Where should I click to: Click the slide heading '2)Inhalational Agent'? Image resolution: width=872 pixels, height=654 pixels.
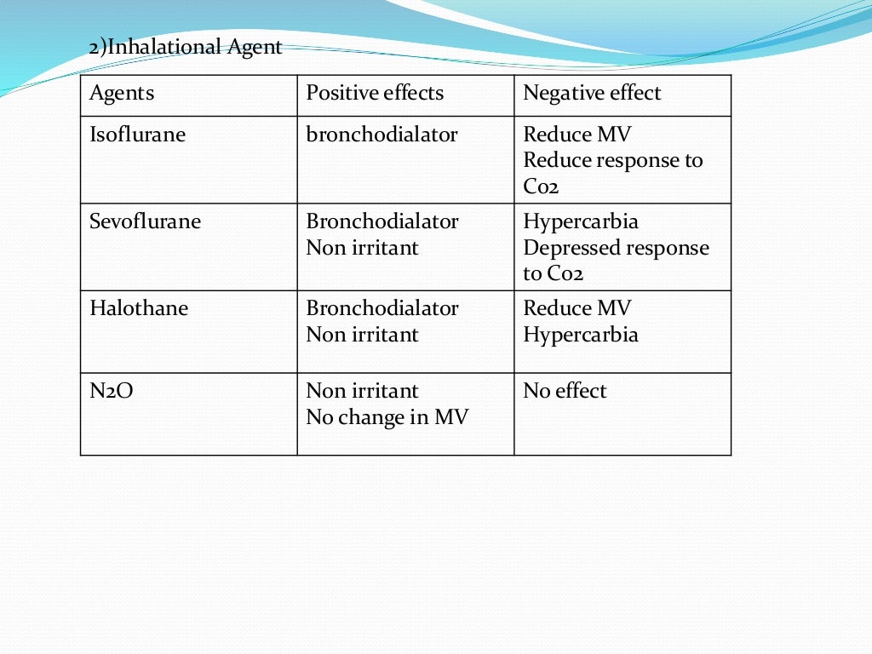pyautogui.click(x=186, y=47)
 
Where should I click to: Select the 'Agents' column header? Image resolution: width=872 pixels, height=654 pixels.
pyautogui.click(x=122, y=93)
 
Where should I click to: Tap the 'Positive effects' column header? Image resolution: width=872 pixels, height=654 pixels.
pyautogui.click(x=375, y=93)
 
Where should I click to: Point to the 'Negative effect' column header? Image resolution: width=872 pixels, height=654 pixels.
pyautogui.click(x=592, y=93)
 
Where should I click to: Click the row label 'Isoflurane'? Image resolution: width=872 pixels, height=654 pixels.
pyautogui.click(x=137, y=135)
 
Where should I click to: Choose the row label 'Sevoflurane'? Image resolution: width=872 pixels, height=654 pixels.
pyautogui.click(x=145, y=221)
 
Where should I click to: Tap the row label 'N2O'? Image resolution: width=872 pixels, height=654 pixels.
pyautogui.click(x=112, y=391)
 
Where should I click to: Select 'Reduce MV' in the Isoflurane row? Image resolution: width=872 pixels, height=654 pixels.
pyautogui.click(x=577, y=135)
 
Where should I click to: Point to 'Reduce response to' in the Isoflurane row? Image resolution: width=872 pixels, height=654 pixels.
pyautogui.click(x=612, y=160)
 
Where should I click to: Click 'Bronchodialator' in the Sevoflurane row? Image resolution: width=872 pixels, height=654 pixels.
pyautogui.click(x=382, y=221)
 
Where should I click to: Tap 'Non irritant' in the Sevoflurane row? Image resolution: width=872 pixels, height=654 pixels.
pyautogui.click(x=362, y=248)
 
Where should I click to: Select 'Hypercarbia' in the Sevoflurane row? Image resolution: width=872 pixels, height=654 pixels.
pyautogui.click(x=580, y=221)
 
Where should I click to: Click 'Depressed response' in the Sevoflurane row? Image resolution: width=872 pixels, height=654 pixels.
pyautogui.click(x=616, y=248)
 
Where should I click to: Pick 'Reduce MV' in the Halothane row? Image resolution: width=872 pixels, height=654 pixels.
pyautogui.click(x=577, y=308)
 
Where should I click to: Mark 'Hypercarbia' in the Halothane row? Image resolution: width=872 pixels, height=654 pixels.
pyautogui.click(x=580, y=335)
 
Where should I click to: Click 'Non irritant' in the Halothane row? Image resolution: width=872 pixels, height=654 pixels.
pyautogui.click(x=362, y=335)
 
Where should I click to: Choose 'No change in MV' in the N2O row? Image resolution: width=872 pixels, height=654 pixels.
pyautogui.click(x=387, y=417)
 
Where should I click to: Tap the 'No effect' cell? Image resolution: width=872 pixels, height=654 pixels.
pyautogui.click(x=565, y=391)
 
